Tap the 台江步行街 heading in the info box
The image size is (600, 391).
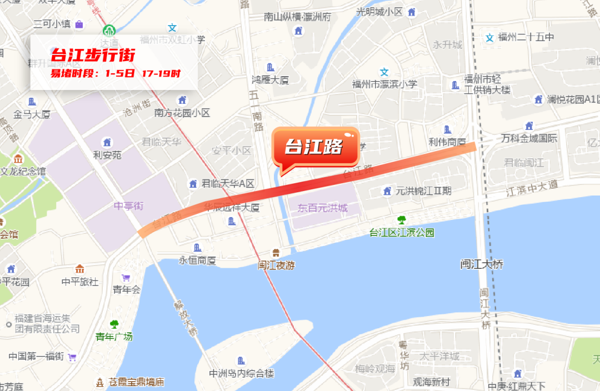click(x=93, y=56)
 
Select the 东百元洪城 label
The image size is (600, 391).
click(x=322, y=208)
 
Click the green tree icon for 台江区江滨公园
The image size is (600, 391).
click(x=401, y=220)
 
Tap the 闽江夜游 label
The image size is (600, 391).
click(x=276, y=265)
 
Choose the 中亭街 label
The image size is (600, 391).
click(x=128, y=206)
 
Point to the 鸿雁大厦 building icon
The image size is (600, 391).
click(x=271, y=67)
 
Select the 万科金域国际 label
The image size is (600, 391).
click(x=529, y=138)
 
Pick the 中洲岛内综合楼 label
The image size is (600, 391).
click(x=241, y=373)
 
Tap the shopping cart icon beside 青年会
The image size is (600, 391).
click(x=126, y=278)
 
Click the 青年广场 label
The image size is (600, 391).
click(x=114, y=337)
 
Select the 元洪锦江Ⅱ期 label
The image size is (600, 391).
click(x=423, y=191)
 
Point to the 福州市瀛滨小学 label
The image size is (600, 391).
click(x=384, y=84)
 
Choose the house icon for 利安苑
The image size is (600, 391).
click(x=107, y=142)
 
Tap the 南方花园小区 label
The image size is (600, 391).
click(x=182, y=113)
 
